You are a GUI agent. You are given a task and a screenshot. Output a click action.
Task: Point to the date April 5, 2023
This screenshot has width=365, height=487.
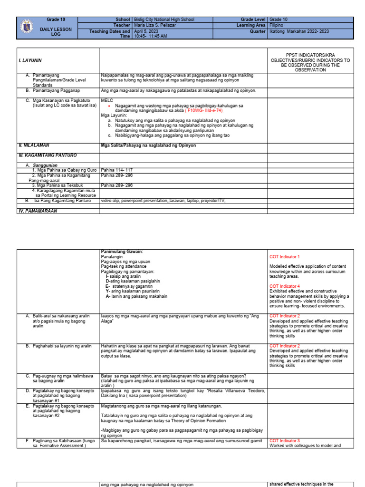pos(144,31)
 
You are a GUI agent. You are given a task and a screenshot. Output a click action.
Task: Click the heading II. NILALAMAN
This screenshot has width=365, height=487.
pos(34,145)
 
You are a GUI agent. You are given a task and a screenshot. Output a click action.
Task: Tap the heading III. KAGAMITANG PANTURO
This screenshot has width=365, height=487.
pos(48,155)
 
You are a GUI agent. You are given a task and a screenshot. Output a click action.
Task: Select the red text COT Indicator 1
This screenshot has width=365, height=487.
pos(285,257)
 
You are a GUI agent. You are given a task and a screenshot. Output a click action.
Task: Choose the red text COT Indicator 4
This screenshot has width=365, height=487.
pos(285,286)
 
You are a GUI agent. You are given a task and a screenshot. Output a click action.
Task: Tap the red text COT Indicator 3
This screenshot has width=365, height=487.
pos(285,441)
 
